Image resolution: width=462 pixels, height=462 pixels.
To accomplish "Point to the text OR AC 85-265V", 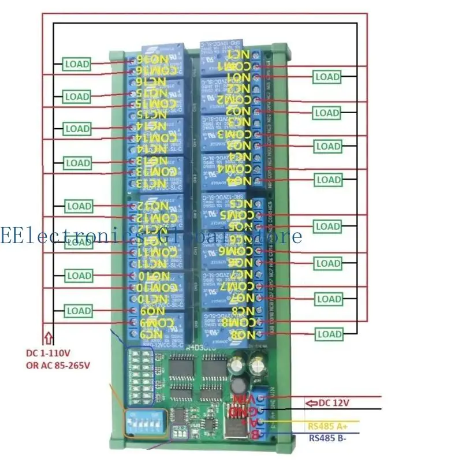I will coord(58,365).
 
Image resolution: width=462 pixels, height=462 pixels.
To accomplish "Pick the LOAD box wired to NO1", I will coord(327,76).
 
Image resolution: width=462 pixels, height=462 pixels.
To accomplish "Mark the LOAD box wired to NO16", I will coord(77,64).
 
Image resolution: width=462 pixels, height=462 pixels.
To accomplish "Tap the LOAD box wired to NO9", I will coord(79,311).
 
